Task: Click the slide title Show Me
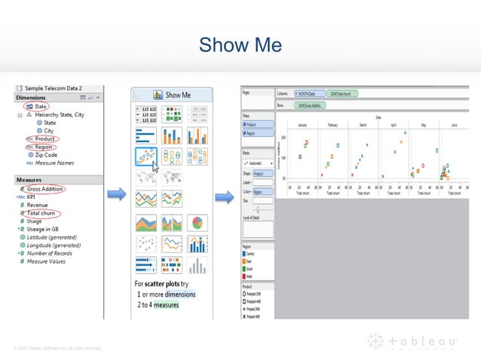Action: [x=240, y=46]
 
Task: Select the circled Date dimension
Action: [x=41, y=107]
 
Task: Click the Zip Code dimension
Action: [x=47, y=154]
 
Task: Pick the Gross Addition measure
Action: [x=44, y=189]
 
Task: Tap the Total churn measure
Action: [x=43, y=213]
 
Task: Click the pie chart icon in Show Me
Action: [x=198, y=222]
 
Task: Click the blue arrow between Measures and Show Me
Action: [x=116, y=196]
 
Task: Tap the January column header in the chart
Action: [x=302, y=125]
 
